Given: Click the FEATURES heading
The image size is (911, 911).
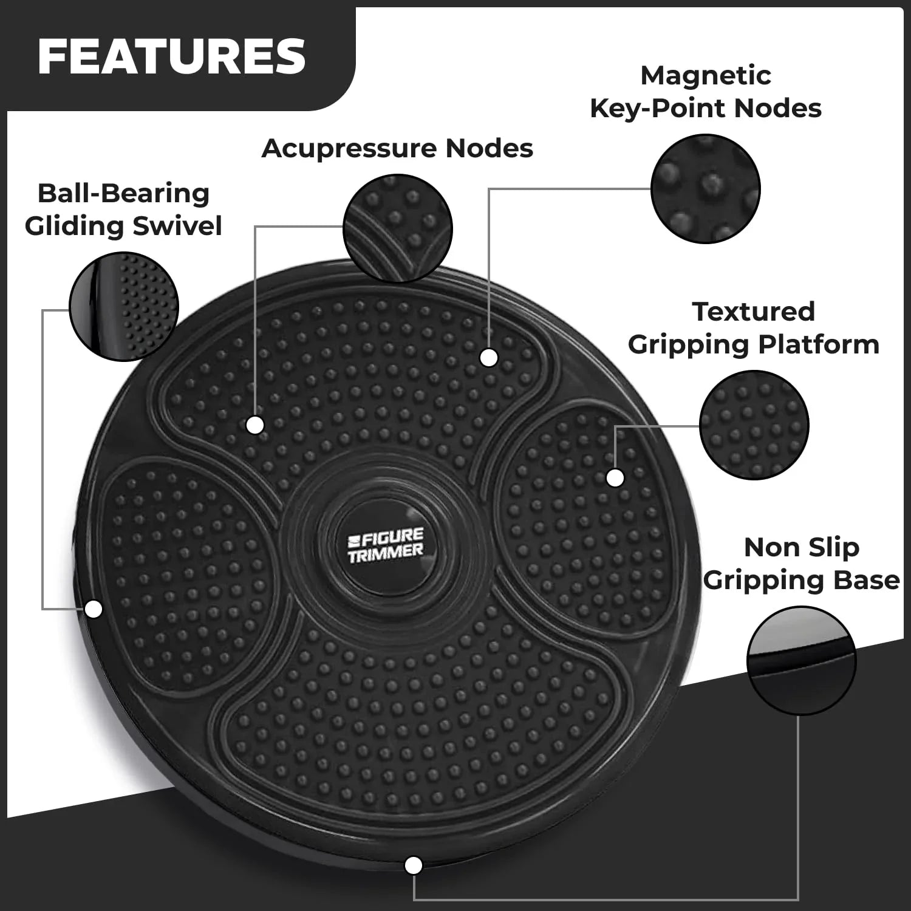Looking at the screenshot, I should (x=171, y=56).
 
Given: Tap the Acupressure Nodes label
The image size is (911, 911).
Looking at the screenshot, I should (x=397, y=148).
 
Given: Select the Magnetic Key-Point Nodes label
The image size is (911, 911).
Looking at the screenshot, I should (x=706, y=92).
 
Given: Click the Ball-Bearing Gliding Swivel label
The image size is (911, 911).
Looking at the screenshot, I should (x=123, y=210).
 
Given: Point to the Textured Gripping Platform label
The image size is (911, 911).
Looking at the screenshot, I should (x=754, y=328).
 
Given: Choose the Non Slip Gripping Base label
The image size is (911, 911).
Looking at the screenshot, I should (x=802, y=564).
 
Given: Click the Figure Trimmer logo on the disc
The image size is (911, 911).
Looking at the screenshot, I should (x=385, y=545).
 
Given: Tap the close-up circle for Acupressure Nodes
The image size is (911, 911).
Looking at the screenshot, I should (x=398, y=228).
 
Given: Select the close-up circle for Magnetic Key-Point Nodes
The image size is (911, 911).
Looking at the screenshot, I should (x=705, y=189).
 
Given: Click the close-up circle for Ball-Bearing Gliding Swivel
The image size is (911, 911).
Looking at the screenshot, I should (x=124, y=306).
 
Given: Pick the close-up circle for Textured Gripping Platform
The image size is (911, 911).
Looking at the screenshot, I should (x=754, y=425).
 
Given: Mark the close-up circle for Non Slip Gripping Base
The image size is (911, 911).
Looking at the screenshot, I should (x=801, y=660).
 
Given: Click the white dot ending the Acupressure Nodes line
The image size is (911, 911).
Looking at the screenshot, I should (x=255, y=425).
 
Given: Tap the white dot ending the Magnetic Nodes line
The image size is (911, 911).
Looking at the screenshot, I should (x=489, y=358).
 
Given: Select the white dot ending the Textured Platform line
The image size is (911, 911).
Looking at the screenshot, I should (x=615, y=478).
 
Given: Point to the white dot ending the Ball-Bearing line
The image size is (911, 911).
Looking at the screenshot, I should (x=94, y=609).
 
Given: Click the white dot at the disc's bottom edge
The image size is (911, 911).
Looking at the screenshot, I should (x=414, y=865).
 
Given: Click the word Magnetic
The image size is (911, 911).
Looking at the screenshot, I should (x=706, y=76).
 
